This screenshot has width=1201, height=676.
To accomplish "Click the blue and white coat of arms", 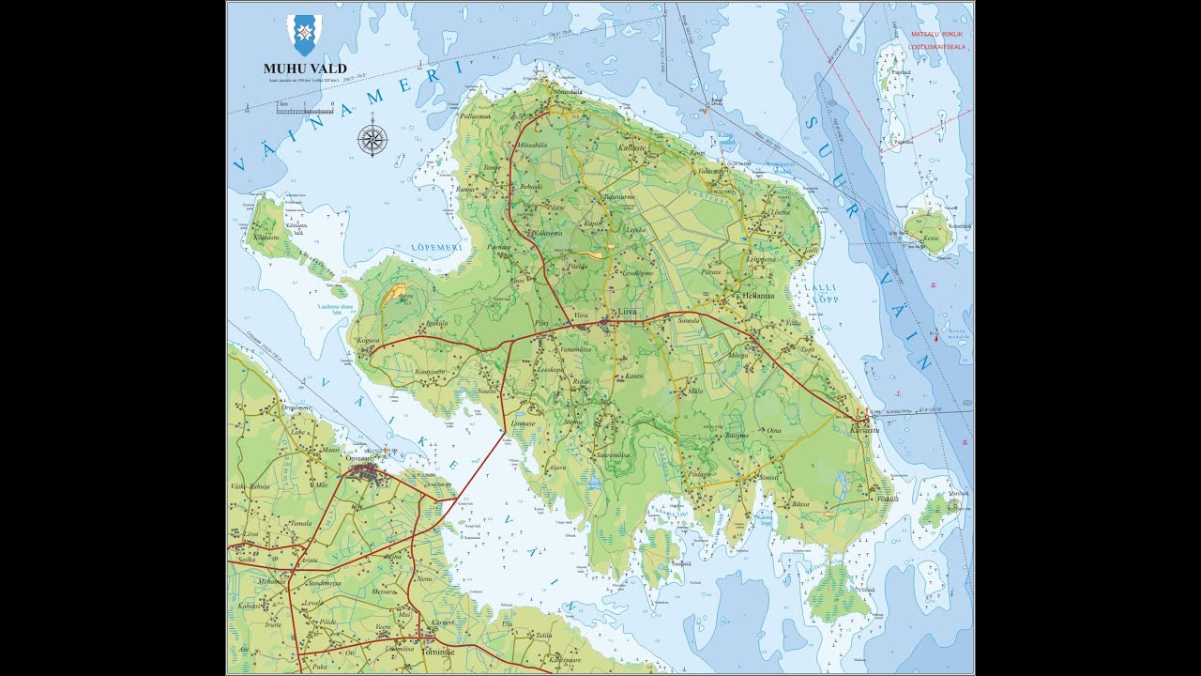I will point(305,35).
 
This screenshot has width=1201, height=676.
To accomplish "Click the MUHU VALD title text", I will point(305,69).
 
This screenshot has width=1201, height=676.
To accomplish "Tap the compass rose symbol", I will point(372,141).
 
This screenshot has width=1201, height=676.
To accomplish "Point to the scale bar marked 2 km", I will point(305,110).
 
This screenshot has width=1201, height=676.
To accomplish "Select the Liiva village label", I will point(626,311).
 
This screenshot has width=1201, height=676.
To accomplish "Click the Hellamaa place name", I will point(757,295).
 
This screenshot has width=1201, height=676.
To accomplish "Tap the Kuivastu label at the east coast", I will point(864,429).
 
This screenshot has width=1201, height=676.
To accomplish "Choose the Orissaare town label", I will point(365,458).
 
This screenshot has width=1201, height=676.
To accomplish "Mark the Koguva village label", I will point(368,340).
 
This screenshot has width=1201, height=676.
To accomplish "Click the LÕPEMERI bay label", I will point(436,248).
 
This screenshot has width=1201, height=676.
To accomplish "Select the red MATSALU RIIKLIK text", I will point(937,34).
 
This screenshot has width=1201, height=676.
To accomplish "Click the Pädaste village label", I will point(700,475).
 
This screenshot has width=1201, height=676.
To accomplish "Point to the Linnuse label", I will point(523,423).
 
